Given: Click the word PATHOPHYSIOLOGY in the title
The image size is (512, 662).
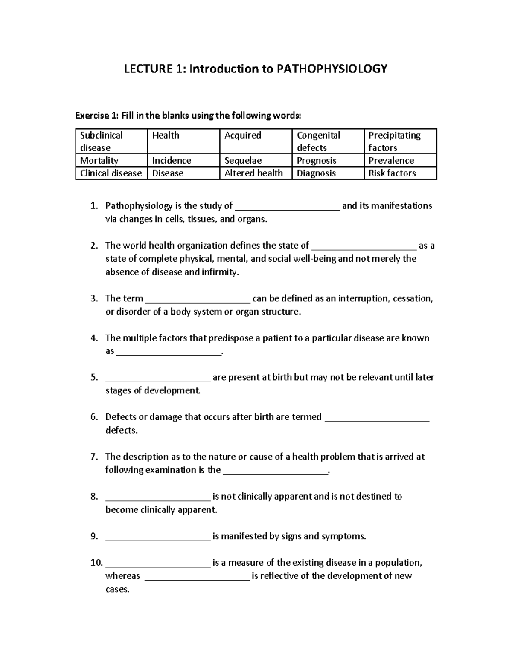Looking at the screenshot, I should (332, 69).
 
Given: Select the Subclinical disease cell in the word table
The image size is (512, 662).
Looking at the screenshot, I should (111, 141).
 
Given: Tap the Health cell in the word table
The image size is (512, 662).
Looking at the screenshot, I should (183, 141).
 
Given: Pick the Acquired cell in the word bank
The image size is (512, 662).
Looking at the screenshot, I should (255, 141).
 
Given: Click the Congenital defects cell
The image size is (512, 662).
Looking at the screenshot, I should (327, 141).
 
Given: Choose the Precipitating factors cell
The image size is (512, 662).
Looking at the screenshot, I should (400, 141).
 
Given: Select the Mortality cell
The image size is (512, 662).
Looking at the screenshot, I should (111, 160).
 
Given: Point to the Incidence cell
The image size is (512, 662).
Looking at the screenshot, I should (183, 160).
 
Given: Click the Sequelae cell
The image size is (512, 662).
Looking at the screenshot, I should (255, 160).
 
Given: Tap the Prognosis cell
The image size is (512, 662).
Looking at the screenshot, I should (327, 160).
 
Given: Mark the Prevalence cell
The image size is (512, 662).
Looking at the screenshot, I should (400, 160).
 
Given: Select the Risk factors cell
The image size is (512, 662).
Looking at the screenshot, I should (400, 173).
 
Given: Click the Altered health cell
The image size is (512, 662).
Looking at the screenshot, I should (255, 173).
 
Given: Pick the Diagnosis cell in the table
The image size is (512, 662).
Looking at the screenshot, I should (327, 173).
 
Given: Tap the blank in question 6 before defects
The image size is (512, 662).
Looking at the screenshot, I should (377, 418).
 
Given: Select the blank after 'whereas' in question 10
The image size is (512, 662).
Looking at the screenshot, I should (197, 577).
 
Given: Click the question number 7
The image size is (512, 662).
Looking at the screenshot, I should (94, 457).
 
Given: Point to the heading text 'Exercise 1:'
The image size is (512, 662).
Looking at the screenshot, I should (96, 115).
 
